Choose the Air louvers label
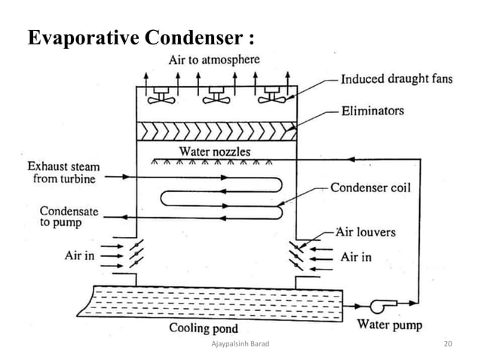tap(366, 233)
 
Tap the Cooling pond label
tap(204, 328)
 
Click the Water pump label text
tap(389, 325)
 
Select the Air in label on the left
tap(79, 256)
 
